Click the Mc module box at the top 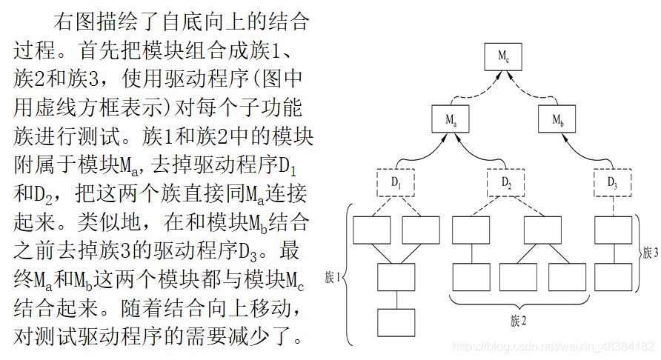pyautogui.click(x=503, y=56)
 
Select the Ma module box pyautogui.click(x=451, y=119)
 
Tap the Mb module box pyautogui.click(x=558, y=119)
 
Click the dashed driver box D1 pyautogui.click(x=396, y=181)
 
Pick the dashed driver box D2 pyautogui.click(x=505, y=181)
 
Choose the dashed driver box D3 pyautogui.click(x=612, y=181)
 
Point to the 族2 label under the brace pyautogui.click(x=518, y=321)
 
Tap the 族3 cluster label pyautogui.click(x=650, y=253)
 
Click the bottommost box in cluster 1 pyautogui.click(x=396, y=322)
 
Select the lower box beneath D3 pyautogui.click(x=614, y=276)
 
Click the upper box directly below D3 pyautogui.click(x=614, y=230)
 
